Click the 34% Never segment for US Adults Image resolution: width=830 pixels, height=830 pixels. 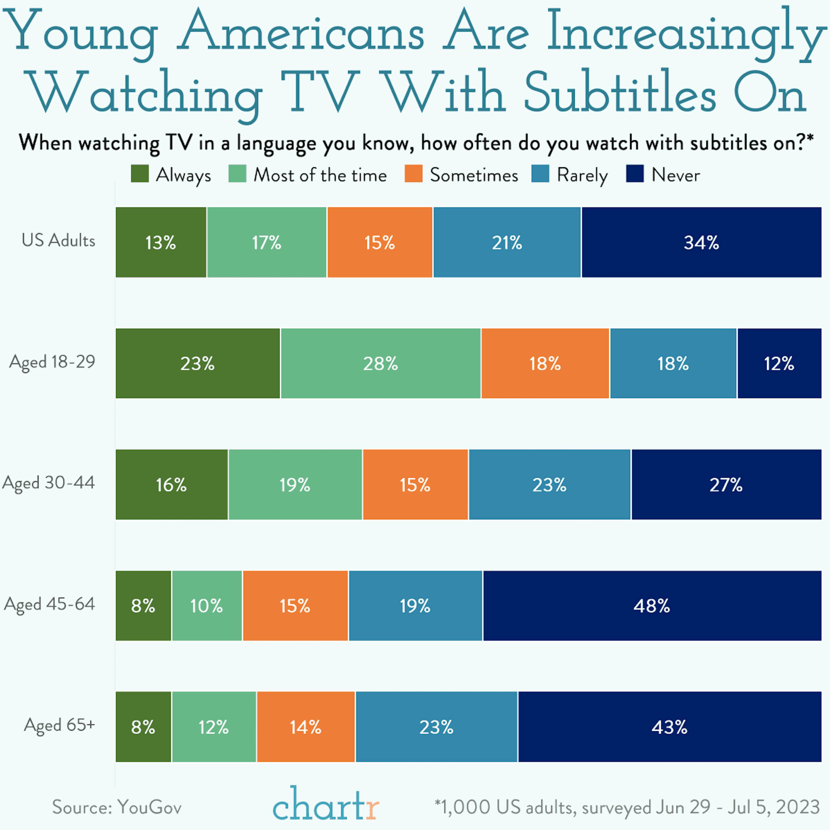tap(701, 242)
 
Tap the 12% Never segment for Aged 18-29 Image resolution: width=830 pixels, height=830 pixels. tap(779, 363)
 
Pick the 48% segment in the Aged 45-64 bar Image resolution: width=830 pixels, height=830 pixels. tap(652, 606)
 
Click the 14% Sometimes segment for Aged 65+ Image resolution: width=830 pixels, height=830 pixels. tap(305, 727)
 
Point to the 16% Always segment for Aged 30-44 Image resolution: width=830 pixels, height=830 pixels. tap(171, 485)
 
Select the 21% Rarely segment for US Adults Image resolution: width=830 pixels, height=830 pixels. tap(507, 242)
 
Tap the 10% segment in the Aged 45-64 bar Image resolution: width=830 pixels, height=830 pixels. tap(207, 606)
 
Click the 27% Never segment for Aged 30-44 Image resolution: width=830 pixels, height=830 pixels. tap(726, 485)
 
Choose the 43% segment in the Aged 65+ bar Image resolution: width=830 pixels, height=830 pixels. tap(669, 727)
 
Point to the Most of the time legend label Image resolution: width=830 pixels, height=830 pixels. tap(320, 175)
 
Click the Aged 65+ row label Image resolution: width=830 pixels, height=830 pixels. tap(59, 725)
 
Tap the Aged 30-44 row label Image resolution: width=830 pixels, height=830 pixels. tap(49, 483)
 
